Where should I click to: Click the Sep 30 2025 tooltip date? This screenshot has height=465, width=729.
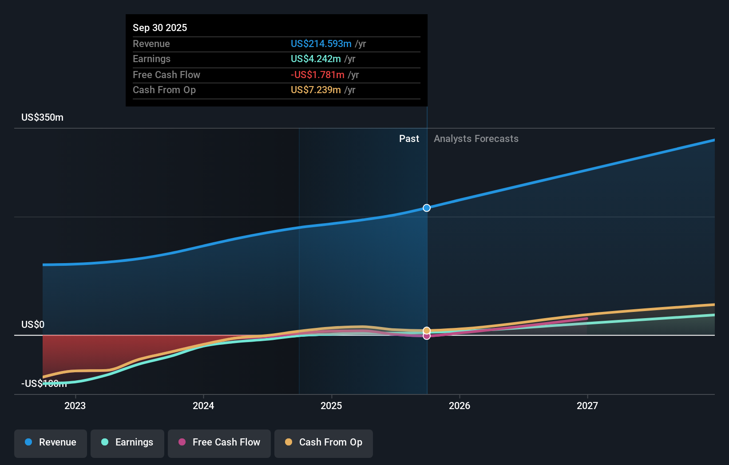pos(160,28)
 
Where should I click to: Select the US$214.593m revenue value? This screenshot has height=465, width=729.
pos(321,43)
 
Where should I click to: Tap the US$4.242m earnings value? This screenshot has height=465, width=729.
pos(316,59)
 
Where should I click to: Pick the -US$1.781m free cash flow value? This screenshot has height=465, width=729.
pos(317,75)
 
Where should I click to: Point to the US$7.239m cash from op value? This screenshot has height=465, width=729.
pos(316,90)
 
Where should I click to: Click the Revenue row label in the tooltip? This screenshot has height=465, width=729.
pos(151,43)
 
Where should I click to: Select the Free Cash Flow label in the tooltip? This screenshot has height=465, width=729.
pos(166,75)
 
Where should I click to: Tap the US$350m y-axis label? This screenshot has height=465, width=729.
pos(43,117)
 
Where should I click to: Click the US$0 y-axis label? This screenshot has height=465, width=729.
pos(33,324)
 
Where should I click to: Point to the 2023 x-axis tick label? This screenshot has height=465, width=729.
pos(75,406)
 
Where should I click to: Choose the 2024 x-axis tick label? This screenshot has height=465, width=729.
pos(203,406)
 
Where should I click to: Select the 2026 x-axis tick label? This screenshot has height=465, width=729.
pos(460,406)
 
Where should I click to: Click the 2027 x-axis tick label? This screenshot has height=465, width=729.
pos(587,406)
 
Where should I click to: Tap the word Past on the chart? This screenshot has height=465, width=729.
pos(409,138)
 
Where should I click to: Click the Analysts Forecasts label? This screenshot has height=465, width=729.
pos(476,138)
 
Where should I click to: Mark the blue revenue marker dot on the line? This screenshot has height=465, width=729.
pos(427,208)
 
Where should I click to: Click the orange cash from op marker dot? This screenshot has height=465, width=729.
pos(427,330)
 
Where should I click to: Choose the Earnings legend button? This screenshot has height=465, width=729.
pos(127,442)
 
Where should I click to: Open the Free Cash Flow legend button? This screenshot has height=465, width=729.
pos(219,442)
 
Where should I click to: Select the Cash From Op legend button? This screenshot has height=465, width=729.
pos(324,442)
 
